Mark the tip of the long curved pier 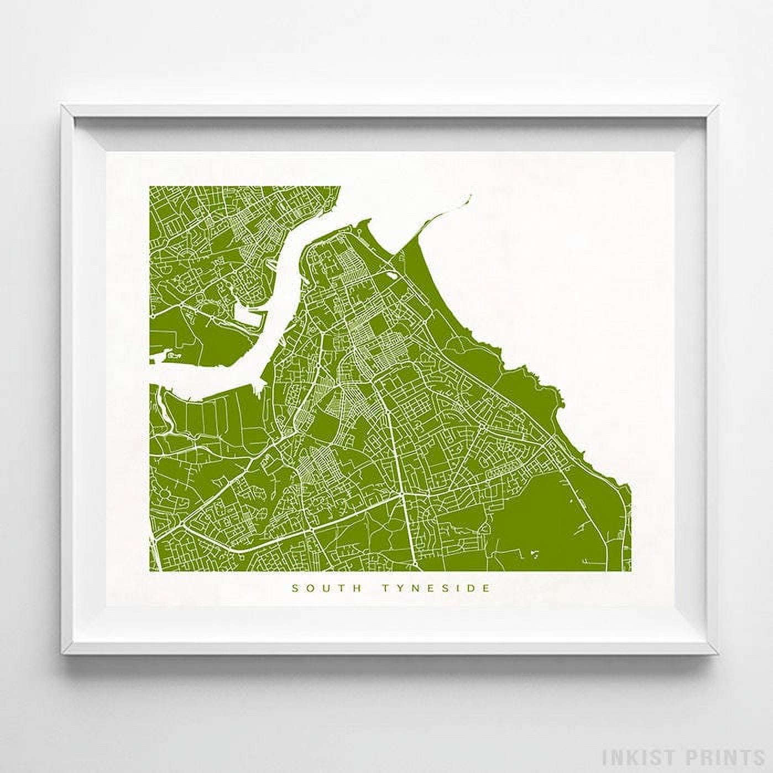click(x=471, y=195)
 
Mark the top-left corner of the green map click(x=149, y=186)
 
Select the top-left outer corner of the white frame click(x=61, y=103)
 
